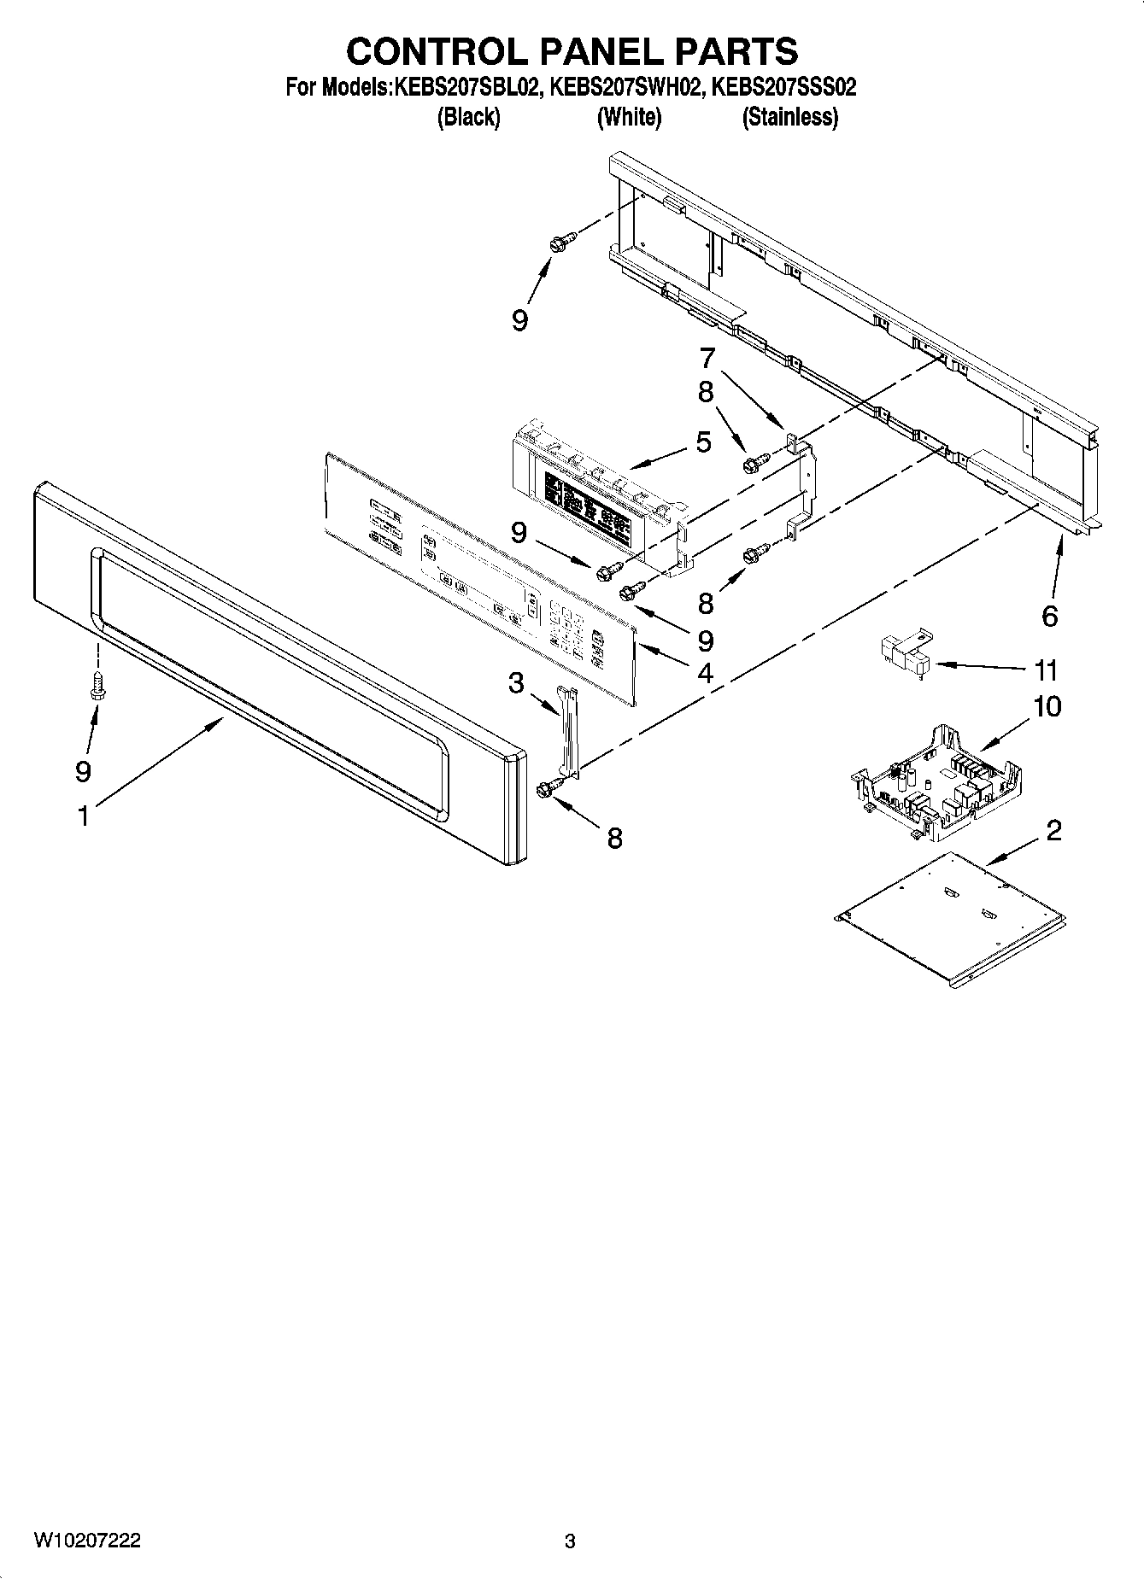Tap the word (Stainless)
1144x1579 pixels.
[x=789, y=117]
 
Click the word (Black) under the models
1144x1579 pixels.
[x=468, y=117]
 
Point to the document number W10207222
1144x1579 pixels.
[x=87, y=1541]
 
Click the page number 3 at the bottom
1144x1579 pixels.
[x=570, y=1541]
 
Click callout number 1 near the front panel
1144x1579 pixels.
[x=83, y=816]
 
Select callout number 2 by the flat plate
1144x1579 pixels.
[x=1053, y=829]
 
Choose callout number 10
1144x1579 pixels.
[x=1047, y=706]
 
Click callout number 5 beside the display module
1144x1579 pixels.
[x=703, y=442]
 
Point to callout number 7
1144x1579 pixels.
[x=707, y=357]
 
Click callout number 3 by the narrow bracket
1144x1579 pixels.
[x=515, y=682]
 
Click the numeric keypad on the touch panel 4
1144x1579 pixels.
[x=567, y=628]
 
